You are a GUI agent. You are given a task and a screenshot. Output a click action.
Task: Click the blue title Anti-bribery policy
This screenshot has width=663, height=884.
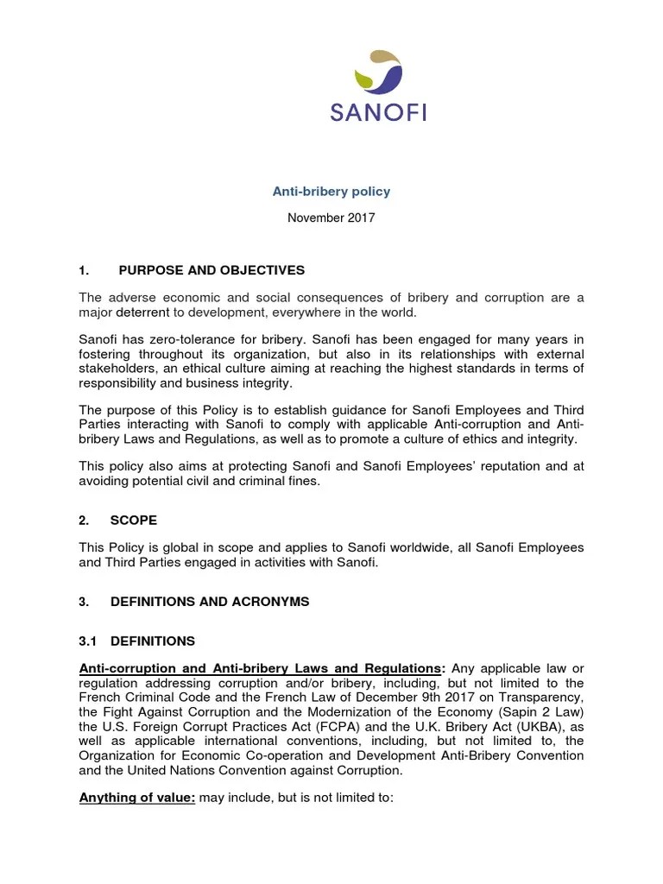331,191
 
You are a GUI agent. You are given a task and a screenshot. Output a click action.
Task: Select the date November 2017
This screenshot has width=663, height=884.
331,218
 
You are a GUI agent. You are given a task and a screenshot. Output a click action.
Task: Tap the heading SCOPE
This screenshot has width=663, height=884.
134,521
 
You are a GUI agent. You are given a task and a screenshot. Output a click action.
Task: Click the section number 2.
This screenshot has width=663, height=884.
84,521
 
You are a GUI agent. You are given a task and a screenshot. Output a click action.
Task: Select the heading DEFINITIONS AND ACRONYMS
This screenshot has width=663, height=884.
210,600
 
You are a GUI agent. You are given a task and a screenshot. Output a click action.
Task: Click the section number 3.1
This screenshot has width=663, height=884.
88,641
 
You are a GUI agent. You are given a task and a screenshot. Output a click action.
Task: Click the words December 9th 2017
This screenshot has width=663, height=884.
394,697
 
